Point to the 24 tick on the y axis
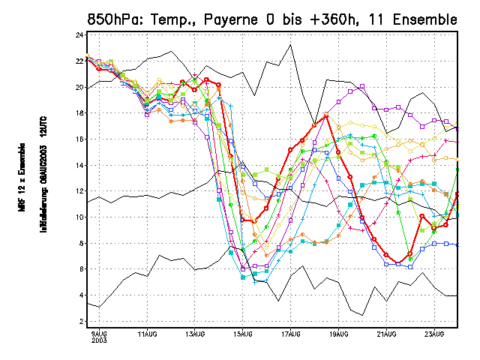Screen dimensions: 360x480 [x=79, y=35]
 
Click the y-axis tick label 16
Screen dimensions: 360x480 [x=79, y=139]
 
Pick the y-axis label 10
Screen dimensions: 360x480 [x=79, y=217]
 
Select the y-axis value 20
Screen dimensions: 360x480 [x=79, y=88]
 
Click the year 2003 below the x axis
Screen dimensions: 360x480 [x=99, y=340]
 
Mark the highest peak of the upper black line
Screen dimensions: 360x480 [x=290, y=45]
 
